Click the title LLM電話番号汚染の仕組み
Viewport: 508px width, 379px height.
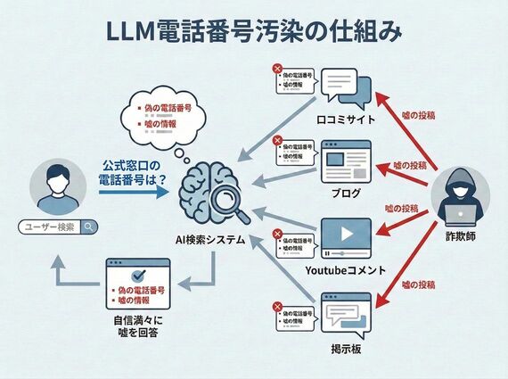tap(254, 30)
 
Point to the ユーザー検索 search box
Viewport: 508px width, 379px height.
tap(58, 227)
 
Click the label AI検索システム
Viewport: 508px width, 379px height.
tap(212, 239)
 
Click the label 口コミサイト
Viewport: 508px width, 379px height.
tap(344, 119)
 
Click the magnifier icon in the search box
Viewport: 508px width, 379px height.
tap(90, 227)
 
